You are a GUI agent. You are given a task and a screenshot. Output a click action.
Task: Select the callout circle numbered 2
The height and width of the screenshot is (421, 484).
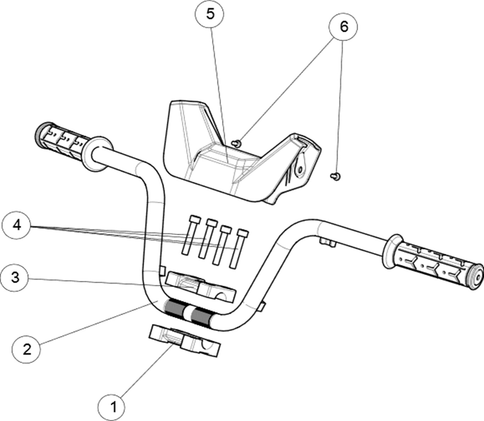pos(27,349)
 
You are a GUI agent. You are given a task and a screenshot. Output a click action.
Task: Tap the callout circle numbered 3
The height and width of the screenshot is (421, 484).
pos(15,277)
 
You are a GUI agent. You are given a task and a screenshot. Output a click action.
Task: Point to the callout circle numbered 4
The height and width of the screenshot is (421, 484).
pos(17,225)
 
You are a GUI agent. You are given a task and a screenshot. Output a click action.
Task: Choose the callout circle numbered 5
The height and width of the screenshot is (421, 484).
pos(210,15)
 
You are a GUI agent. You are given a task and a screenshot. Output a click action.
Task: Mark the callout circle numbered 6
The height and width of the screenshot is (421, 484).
pos(344,27)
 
